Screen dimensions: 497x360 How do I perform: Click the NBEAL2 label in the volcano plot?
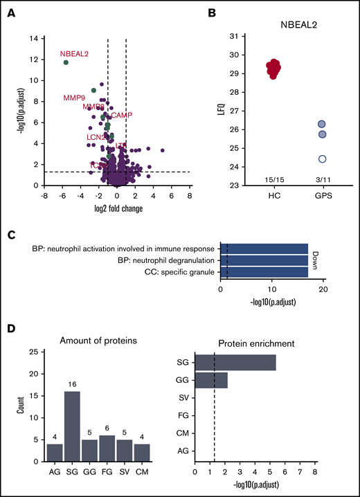(74, 54)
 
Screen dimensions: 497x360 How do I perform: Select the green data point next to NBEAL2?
(66, 62)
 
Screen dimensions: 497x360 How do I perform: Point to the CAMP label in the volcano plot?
(122, 115)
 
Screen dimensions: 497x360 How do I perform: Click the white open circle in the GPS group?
(322, 159)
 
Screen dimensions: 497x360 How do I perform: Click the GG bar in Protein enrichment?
(211, 379)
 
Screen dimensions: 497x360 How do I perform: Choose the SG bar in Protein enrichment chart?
(235, 362)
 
